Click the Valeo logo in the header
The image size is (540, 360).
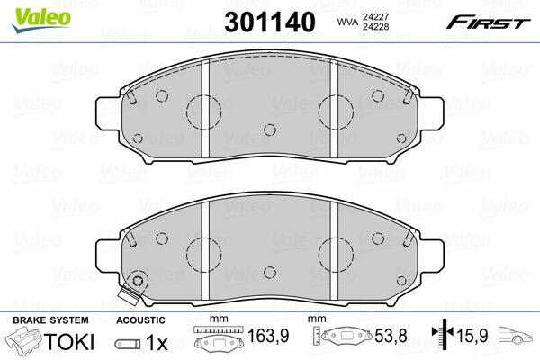41,21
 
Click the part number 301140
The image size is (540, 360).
270,22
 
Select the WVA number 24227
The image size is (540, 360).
375,16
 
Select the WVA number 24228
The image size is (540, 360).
375,26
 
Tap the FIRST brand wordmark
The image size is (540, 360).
488,22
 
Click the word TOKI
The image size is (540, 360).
69,342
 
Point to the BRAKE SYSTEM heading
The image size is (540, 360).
50,320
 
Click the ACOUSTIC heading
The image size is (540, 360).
140,320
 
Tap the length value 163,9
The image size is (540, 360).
268,335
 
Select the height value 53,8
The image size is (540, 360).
391,335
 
